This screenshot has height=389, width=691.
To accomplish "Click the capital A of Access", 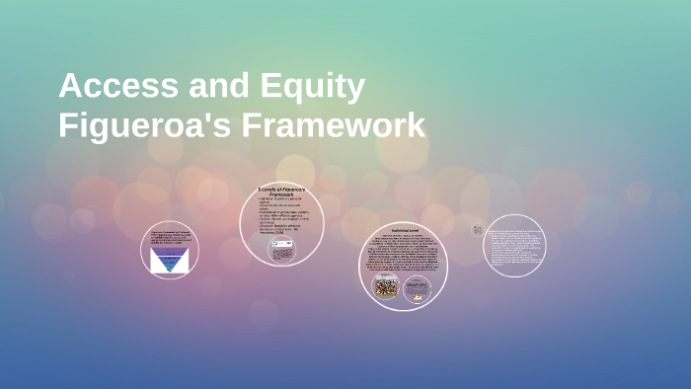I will point(72,87).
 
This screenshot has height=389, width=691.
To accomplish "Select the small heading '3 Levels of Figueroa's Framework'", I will point(281,192).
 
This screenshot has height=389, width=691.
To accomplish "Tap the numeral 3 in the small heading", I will point(260,188).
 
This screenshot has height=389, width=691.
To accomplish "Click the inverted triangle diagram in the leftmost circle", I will point(170,260).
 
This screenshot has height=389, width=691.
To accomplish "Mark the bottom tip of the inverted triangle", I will point(170,271).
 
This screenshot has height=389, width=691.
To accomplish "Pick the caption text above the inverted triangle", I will point(170,237).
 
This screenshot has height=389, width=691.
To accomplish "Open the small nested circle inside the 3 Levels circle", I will point(281,249).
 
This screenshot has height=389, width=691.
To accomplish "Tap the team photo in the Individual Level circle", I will point(385,286).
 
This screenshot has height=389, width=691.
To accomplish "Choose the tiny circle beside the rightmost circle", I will point(478,229).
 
